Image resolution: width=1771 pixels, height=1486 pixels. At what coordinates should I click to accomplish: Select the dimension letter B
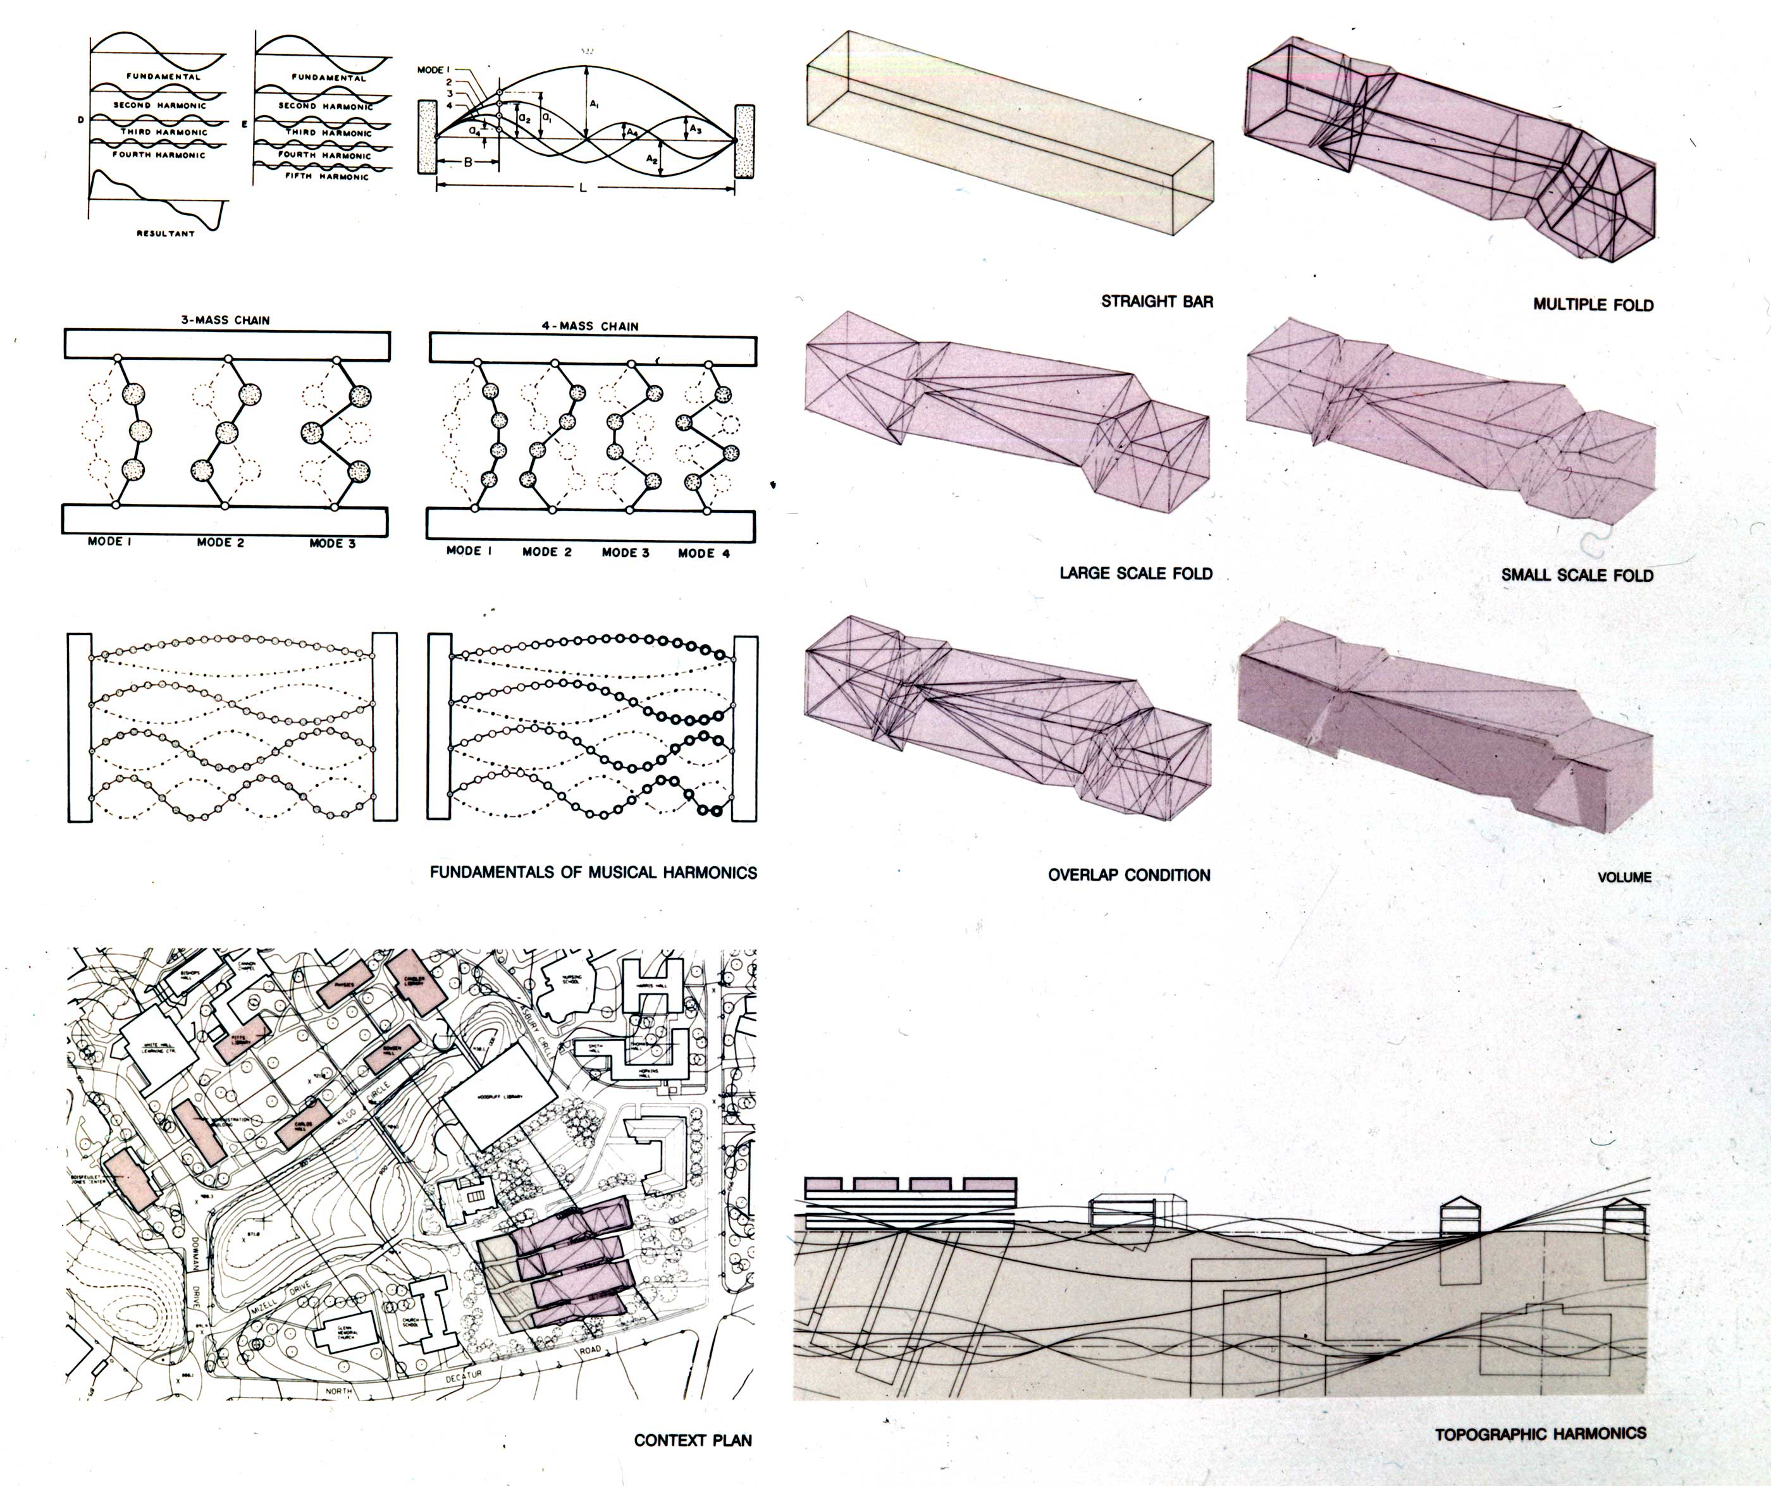[x=468, y=162]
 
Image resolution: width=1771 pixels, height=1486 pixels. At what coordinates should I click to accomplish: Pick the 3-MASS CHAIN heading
[x=225, y=321]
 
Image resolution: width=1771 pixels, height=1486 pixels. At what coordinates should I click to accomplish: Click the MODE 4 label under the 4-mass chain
[x=703, y=553]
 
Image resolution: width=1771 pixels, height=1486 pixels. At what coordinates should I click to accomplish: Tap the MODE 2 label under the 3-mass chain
[x=220, y=543]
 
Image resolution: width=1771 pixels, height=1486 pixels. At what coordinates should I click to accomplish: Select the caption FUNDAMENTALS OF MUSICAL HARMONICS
[x=593, y=873]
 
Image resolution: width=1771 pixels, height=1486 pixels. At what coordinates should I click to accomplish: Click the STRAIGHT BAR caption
[x=1157, y=301]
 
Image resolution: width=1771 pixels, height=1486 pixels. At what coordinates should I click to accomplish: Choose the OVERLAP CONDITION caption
[x=1129, y=875]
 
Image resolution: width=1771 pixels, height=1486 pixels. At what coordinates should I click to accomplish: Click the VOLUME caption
[x=1624, y=877]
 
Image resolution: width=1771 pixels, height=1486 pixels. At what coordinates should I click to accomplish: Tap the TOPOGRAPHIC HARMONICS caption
[x=1541, y=1433]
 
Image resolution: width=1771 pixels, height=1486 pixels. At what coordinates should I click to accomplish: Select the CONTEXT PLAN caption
[x=693, y=1440]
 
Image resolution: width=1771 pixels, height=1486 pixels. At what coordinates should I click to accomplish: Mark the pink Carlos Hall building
[x=301, y=1122]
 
